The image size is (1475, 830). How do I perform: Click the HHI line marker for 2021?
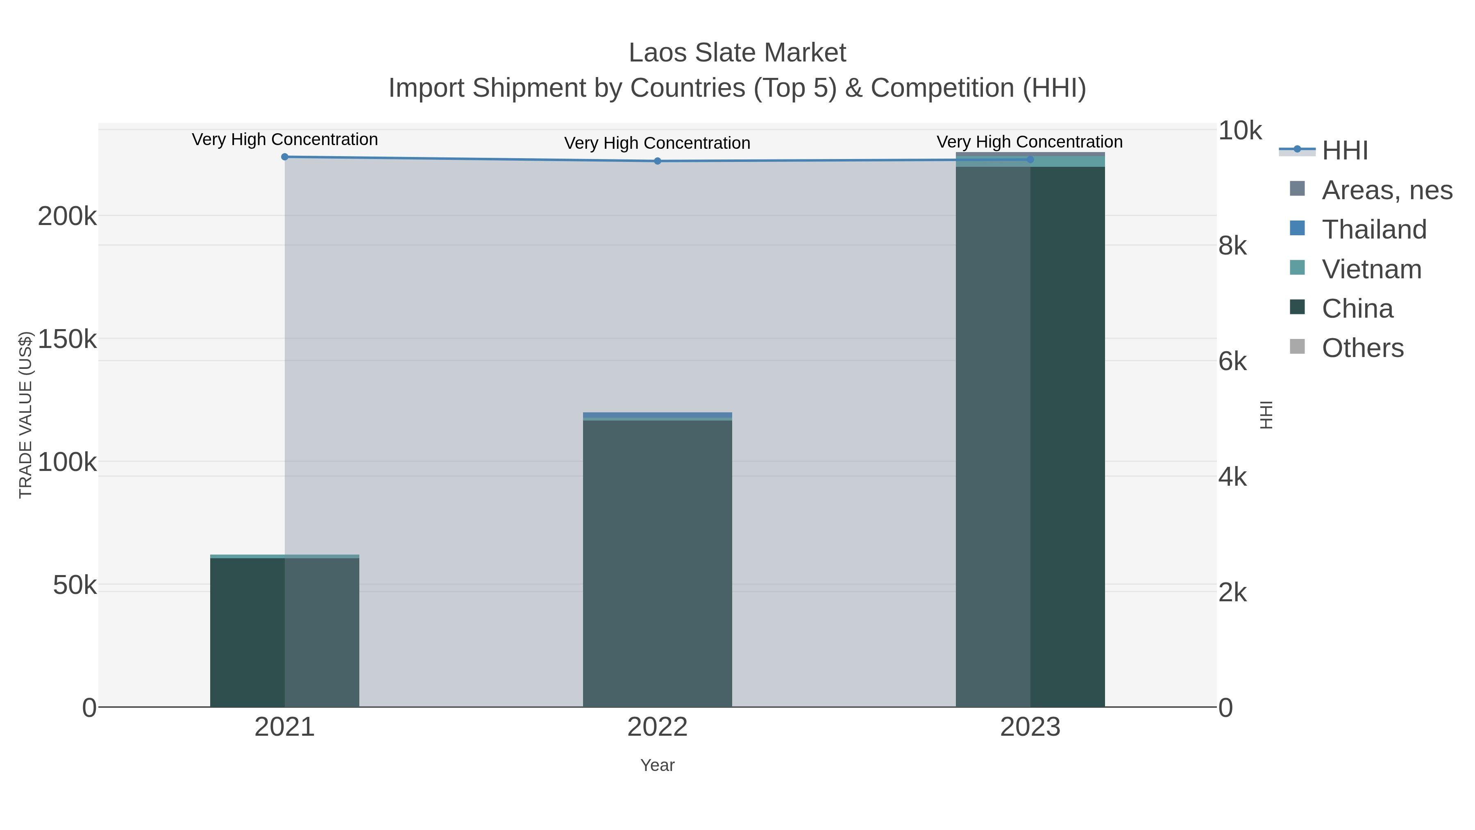click(x=285, y=157)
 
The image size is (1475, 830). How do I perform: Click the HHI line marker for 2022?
click(x=657, y=161)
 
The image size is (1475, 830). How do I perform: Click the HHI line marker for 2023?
click(x=1030, y=159)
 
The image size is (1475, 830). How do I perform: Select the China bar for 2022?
click(x=657, y=564)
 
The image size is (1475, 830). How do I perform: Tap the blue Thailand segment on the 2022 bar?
click(x=657, y=415)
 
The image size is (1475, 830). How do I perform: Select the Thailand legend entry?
click(x=1374, y=230)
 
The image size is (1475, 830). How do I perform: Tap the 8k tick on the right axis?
click(x=1232, y=246)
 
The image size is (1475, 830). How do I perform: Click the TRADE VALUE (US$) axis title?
click(x=26, y=415)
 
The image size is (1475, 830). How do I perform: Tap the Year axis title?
click(x=657, y=765)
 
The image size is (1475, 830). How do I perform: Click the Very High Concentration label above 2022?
click(x=657, y=143)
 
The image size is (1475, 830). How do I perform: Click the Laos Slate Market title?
click(x=737, y=53)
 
